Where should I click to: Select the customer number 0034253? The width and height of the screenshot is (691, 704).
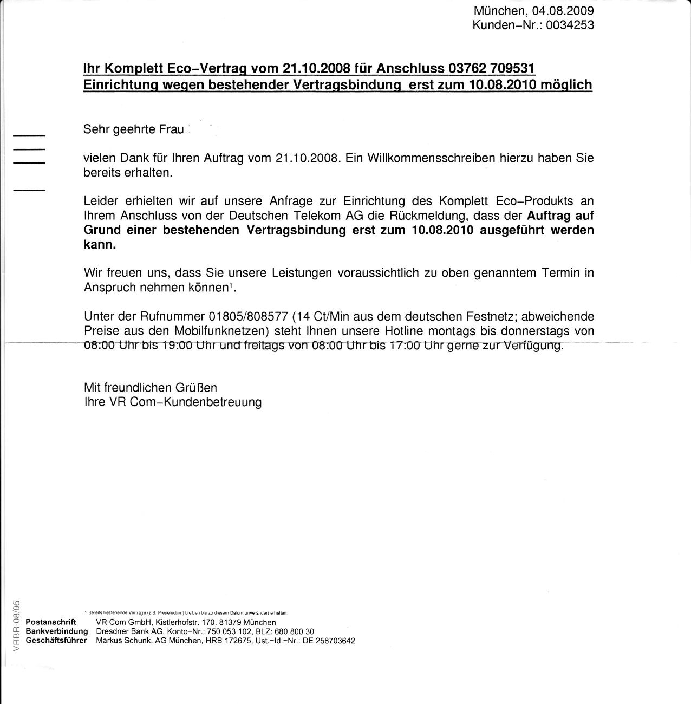coord(570,25)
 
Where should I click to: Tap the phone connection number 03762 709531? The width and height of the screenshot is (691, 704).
coord(492,68)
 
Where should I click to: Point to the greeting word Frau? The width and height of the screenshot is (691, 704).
coord(172,129)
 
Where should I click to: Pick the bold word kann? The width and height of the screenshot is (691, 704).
coord(100,244)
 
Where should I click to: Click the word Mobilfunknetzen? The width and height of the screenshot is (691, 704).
coord(226,330)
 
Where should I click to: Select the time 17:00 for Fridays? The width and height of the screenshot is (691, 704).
coord(405,346)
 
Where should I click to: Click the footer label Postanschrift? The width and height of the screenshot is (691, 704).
coord(51,622)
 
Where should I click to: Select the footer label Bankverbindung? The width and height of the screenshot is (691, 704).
coord(56,631)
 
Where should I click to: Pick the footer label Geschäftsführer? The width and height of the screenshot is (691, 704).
coord(56,641)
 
